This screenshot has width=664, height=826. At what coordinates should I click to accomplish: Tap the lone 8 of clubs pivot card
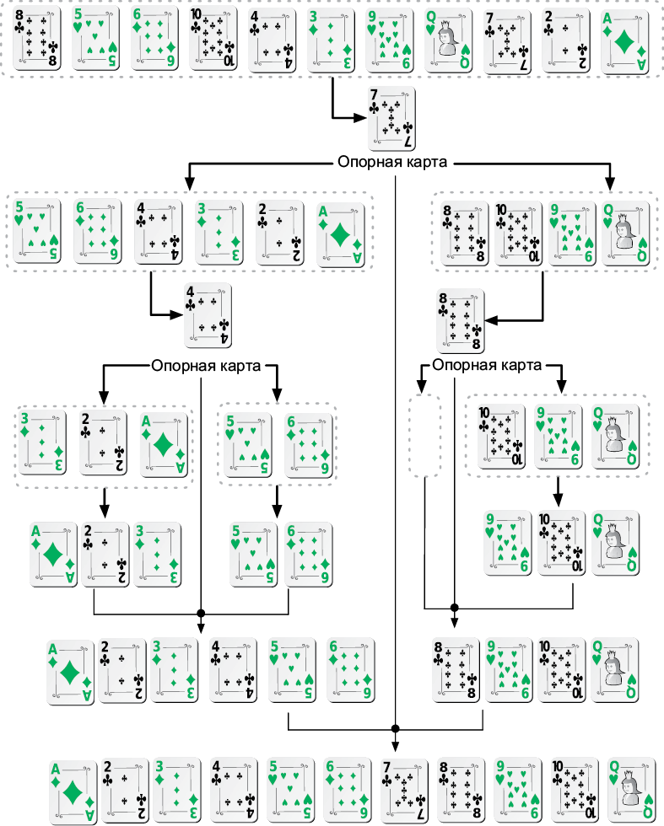click(x=460, y=320)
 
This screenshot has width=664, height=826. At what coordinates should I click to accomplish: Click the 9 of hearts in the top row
click(x=391, y=39)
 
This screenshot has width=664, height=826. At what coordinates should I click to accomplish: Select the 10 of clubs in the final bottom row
click(x=573, y=790)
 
